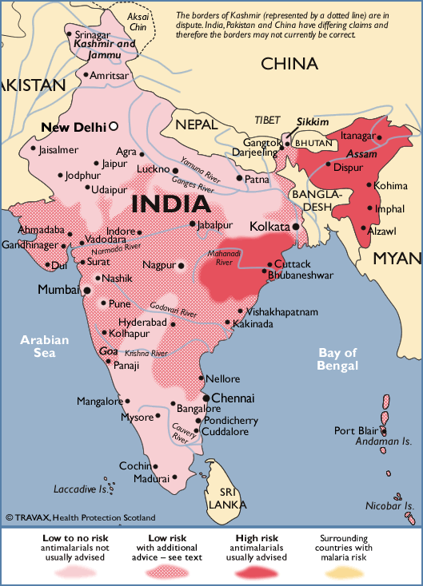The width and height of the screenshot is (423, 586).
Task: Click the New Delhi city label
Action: click(x=74, y=126)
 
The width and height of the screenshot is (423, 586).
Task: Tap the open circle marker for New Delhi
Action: click(x=114, y=126)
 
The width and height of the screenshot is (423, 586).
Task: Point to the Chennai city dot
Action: click(x=206, y=398)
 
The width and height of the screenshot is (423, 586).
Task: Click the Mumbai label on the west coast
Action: click(x=58, y=290)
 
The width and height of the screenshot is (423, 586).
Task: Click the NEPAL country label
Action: click(x=197, y=125)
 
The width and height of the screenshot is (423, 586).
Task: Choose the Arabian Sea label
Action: click(x=45, y=346)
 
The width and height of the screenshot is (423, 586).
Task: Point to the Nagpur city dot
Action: click(x=182, y=265)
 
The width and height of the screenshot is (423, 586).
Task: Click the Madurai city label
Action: click(x=151, y=479)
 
